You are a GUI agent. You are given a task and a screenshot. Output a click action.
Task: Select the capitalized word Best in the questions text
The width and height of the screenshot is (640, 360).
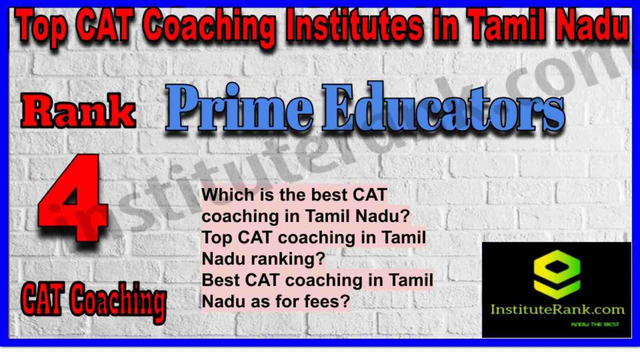point(222,280)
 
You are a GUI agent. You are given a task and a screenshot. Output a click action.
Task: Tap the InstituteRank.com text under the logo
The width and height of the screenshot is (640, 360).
point(558,310)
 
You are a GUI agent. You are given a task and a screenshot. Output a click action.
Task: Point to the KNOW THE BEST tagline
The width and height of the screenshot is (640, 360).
point(595,324)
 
